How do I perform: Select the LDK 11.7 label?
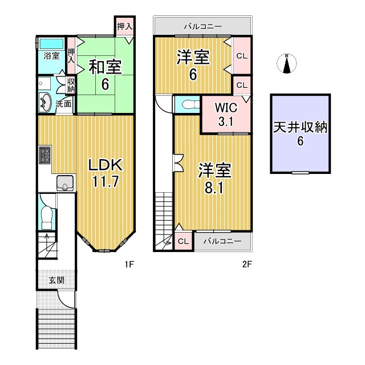(x=105, y=174)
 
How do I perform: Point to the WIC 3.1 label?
(x=225, y=114)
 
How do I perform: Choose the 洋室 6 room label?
(x=193, y=64)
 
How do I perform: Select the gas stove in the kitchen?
(x=45, y=155)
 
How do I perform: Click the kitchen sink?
(x=65, y=184)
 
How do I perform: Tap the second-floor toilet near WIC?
(x=188, y=104)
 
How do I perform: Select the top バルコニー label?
(x=202, y=26)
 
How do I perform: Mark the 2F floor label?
(x=246, y=264)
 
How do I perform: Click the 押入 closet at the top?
(x=124, y=26)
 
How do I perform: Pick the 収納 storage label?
(x=71, y=86)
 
